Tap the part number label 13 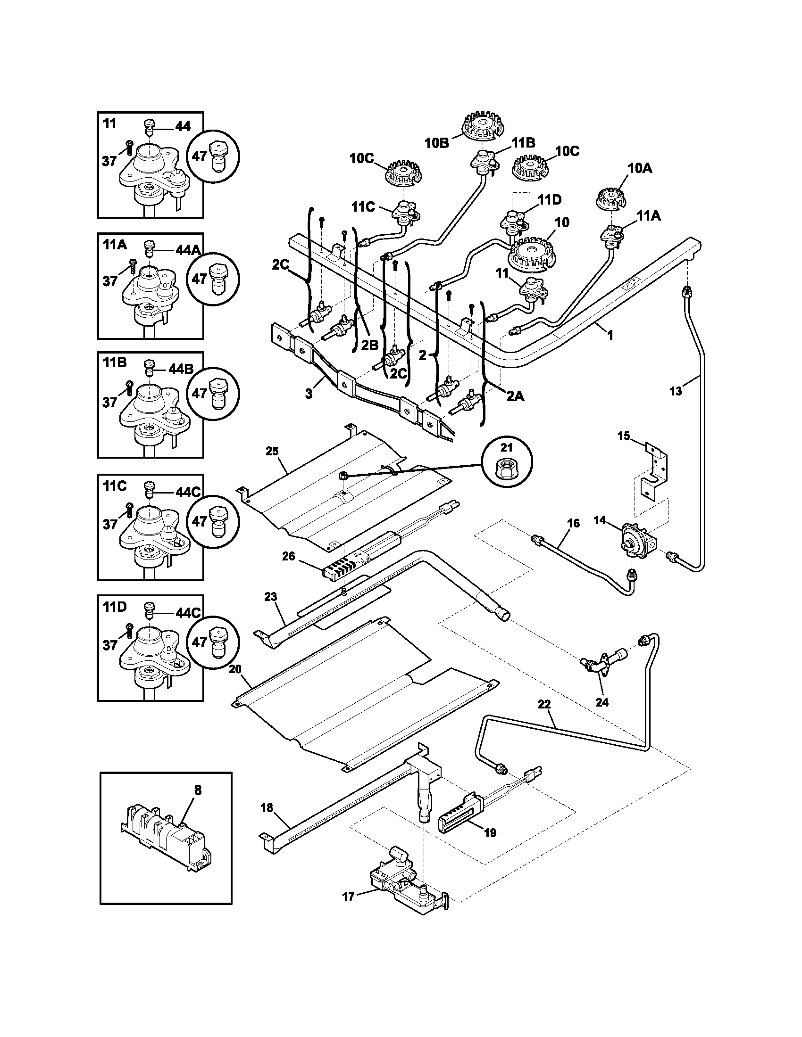click(x=675, y=391)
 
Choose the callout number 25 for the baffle click(x=272, y=451)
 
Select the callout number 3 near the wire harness click(x=309, y=394)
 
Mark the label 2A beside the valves click(x=515, y=395)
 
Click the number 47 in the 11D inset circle click(x=199, y=642)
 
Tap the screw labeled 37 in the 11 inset click(x=129, y=148)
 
